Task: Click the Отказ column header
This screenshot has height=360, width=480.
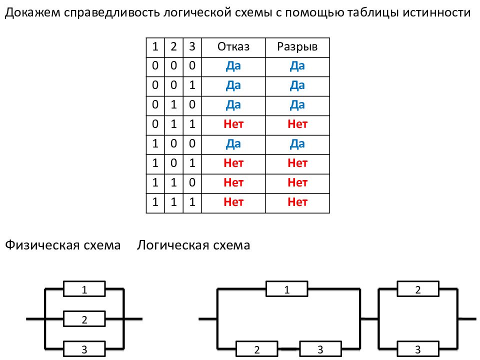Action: pyautogui.click(x=233, y=47)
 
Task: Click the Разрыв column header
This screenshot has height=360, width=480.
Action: pyautogui.click(x=297, y=47)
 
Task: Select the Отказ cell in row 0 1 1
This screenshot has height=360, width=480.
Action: pyautogui.click(x=233, y=124)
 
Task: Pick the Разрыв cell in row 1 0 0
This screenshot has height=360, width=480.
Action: pyautogui.click(x=297, y=144)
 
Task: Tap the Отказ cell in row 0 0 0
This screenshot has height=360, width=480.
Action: pyautogui.click(x=233, y=66)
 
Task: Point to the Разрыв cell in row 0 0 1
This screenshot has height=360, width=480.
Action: pyautogui.click(x=297, y=85)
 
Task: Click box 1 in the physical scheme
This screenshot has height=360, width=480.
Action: pyautogui.click(x=84, y=289)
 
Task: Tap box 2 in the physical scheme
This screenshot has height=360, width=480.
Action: pyautogui.click(x=84, y=319)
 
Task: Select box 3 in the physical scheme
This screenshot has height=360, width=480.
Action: pyautogui.click(x=84, y=349)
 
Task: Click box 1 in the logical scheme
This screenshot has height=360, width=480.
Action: pyautogui.click(x=287, y=289)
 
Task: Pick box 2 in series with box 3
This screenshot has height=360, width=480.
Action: pyautogui.click(x=257, y=349)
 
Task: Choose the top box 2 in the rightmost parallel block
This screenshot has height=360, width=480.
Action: pyautogui.click(x=418, y=289)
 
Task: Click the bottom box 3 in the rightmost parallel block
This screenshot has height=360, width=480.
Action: pyautogui.click(x=418, y=349)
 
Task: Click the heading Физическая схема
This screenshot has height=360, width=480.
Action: pyautogui.click(x=63, y=245)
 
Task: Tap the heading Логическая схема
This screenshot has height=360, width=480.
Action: pyautogui.click(x=193, y=245)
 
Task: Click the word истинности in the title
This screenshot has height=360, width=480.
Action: pyautogui.click(x=436, y=12)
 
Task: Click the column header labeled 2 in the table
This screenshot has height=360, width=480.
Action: pyautogui.click(x=173, y=47)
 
